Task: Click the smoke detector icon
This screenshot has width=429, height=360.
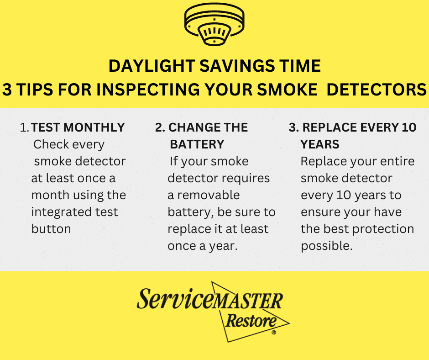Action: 214,26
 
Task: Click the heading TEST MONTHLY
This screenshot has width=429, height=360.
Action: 78,127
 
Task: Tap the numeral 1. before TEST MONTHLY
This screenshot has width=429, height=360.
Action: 25,128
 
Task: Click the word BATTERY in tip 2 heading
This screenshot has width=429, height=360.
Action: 197,145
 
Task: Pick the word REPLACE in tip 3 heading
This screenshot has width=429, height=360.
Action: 330,127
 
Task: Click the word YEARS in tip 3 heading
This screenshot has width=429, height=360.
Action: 320,145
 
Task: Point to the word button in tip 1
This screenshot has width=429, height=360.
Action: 51,229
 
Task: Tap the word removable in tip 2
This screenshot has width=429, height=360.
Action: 209,195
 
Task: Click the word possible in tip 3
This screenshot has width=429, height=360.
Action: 326,246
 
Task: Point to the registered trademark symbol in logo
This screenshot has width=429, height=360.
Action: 273,333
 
